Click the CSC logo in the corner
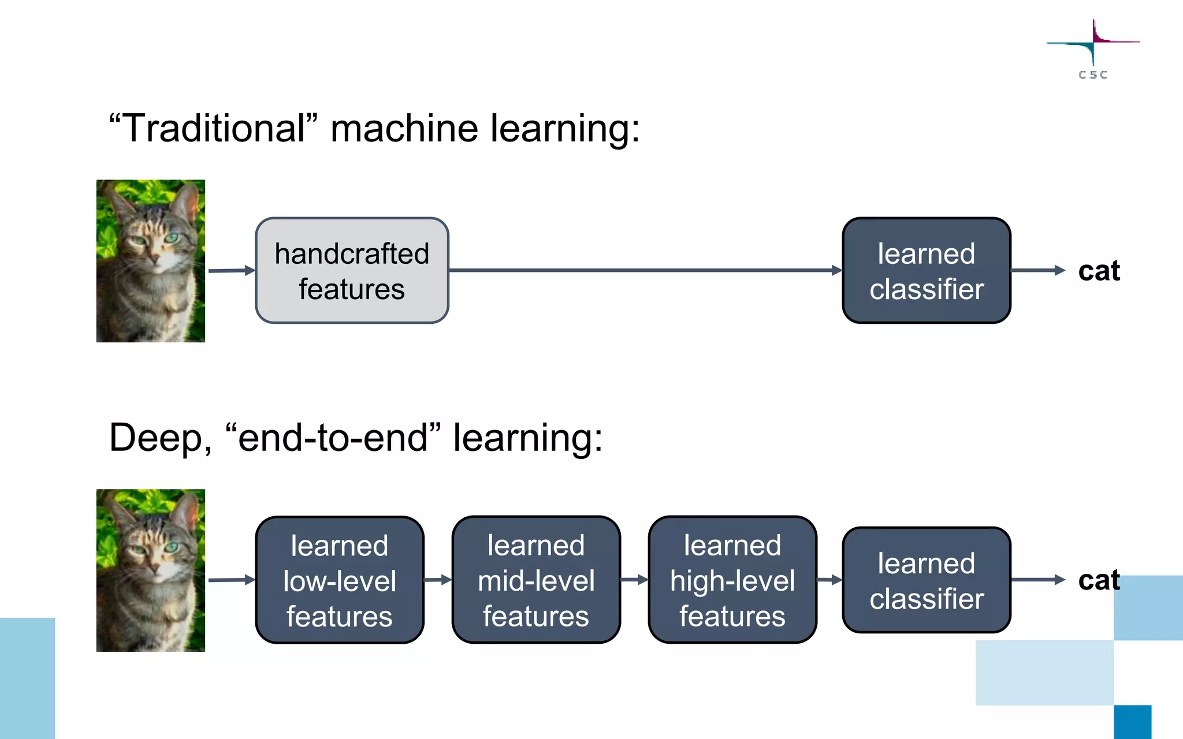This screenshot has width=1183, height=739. (x=1093, y=49)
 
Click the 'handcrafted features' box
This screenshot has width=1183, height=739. (x=352, y=270)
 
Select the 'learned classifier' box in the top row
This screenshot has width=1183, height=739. (x=926, y=270)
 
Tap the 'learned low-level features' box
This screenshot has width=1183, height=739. (x=340, y=580)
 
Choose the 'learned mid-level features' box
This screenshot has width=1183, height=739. (x=536, y=580)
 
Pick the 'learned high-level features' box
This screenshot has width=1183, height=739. (x=732, y=580)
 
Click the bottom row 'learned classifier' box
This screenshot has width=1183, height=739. (x=926, y=580)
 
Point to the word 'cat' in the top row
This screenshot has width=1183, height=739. (x=1099, y=271)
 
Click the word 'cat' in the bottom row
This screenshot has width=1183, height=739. (x=1099, y=580)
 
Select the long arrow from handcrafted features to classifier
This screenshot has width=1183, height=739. (x=644, y=270)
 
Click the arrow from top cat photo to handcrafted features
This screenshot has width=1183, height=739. (x=231, y=270)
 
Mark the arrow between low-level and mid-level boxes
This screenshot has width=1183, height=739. (x=438, y=580)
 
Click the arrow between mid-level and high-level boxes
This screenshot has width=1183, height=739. (x=634, y=580)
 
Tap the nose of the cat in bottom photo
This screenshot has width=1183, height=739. (x=154, y=568)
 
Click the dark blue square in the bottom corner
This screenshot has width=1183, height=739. (x=1132, y=722)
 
